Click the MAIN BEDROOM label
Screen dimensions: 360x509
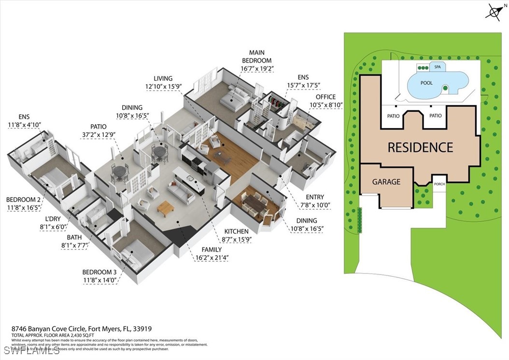coord(256,57)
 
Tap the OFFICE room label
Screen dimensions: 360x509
coord(325,97)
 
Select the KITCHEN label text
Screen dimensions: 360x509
coord(236,231)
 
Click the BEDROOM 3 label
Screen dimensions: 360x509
coord(99,272)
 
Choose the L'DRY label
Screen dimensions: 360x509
coord(50,218)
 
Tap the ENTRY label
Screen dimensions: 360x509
coord(314,197)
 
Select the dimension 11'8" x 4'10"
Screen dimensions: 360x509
coord(24,125)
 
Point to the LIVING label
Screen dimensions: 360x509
coord(163,78)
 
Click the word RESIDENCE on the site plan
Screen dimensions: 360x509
coord(420,147)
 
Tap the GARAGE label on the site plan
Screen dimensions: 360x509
coord(386,182)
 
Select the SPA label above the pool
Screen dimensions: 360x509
coord(438,67)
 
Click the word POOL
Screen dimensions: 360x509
coord(426,83)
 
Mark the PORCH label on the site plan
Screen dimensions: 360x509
coord(439,184)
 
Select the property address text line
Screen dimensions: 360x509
coord(82,329)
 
